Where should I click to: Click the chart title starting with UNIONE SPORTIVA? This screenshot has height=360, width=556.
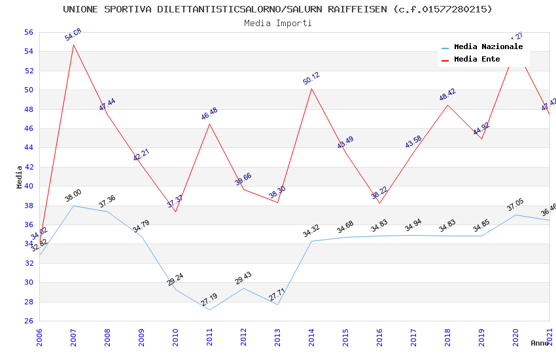pos(278,9)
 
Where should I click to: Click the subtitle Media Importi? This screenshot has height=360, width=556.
pos(278,24)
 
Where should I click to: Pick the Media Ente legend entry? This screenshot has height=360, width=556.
pos(477,60)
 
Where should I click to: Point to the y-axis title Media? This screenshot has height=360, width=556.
pos(19,177)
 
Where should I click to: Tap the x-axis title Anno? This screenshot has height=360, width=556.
pos(540,343)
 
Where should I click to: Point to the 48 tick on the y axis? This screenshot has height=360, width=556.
pos(28,109)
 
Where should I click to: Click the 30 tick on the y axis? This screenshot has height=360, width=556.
pos(28,283)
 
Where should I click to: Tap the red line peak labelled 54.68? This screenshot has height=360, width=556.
pos(73,45)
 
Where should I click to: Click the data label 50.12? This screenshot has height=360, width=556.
pos(311,80)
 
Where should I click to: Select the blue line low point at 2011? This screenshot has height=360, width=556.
pos(209,310)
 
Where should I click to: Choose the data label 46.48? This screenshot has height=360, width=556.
pos(209,113)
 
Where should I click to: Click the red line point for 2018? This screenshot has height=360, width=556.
pos(447,105)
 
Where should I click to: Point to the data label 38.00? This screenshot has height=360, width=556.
pos(73,195)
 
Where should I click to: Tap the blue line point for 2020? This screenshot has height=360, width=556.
pos(515,215)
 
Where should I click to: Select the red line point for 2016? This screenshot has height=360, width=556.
pos(379,203)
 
